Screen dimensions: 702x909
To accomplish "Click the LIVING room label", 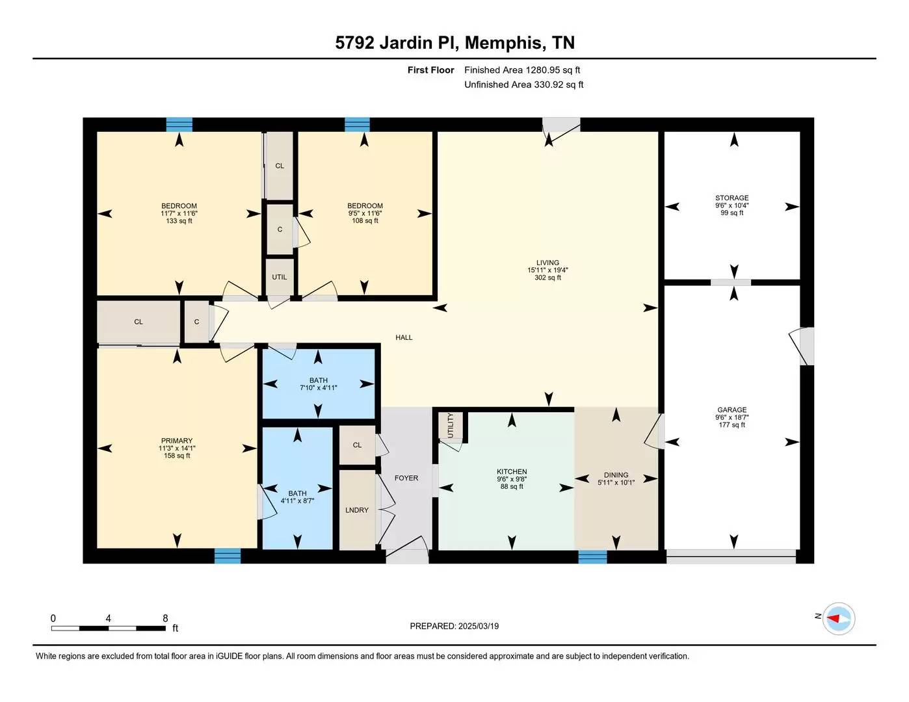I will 547,263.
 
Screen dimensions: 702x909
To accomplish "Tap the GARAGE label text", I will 731,410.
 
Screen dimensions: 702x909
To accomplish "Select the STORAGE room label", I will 731,198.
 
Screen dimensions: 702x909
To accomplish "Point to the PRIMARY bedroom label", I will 177,441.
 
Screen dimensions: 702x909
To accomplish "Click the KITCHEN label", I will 512,472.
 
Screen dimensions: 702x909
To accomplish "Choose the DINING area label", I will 616,475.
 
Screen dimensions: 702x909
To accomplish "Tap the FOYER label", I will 406,478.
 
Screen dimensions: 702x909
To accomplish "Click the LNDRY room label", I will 357,510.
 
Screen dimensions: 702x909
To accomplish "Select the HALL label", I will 404,338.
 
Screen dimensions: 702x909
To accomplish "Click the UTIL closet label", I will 280,277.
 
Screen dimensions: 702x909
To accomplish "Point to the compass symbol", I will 838,618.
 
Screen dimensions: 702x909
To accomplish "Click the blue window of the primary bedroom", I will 228,556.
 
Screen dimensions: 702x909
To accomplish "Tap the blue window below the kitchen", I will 592,556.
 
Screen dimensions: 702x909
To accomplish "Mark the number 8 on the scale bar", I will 165,619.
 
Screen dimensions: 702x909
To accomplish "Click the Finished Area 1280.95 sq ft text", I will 522,70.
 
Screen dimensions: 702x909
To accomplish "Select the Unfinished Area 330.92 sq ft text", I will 523,84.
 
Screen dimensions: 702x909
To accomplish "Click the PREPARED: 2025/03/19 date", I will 454,627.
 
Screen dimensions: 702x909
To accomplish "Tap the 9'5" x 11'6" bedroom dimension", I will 365,213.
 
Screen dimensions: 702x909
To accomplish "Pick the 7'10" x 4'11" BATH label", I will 318,384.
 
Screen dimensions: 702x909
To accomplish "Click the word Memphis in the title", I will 505,43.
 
